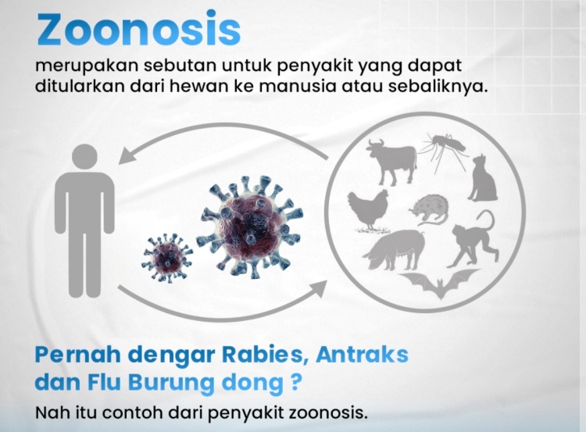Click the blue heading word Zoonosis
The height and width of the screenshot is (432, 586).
(x=138, y=28)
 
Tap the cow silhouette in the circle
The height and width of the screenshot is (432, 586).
(x=392, y=161)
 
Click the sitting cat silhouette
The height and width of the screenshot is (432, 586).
(x=483, y=178)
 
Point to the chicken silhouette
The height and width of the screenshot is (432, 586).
(x=369, y=210)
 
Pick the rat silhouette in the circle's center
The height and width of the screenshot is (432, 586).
(x=430, y=209)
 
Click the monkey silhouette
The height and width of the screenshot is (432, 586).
(x=474, y=239)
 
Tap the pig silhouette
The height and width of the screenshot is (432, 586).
(x=395, y=249)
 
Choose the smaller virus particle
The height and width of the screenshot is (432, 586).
(x=167, y=257)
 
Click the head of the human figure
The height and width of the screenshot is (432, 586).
(x=84, y=156)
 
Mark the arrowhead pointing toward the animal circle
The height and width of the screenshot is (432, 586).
(x=318, y=288)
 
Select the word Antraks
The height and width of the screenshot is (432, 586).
(x=362, y=354)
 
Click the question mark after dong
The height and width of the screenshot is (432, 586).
(x=295, y=381)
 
